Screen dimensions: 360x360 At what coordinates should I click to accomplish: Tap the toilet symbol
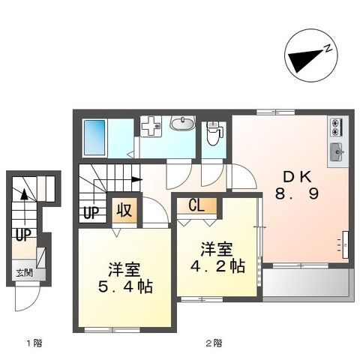click(x=214, y=134)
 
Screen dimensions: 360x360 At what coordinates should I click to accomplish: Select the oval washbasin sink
click(x=182, y=124)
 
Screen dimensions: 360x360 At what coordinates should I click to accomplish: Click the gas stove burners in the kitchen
click(x=335, y=127)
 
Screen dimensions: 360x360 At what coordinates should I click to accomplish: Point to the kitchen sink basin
click(x=336, y=152)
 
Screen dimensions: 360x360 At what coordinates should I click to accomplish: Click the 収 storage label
click(x=124, y=209)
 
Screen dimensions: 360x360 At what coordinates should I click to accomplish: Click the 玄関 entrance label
click(x=23, y=272)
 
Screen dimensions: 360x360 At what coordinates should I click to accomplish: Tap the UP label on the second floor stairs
click(x=91, y=211)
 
